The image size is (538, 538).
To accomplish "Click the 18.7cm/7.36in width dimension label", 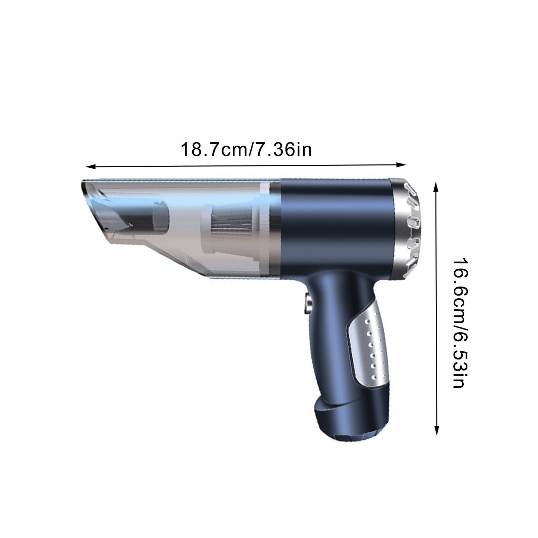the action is (x=246, y=150).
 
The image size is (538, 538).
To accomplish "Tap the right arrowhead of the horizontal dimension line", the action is (x=402, y=164).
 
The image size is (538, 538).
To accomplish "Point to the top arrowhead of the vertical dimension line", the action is (x=436, y=187).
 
